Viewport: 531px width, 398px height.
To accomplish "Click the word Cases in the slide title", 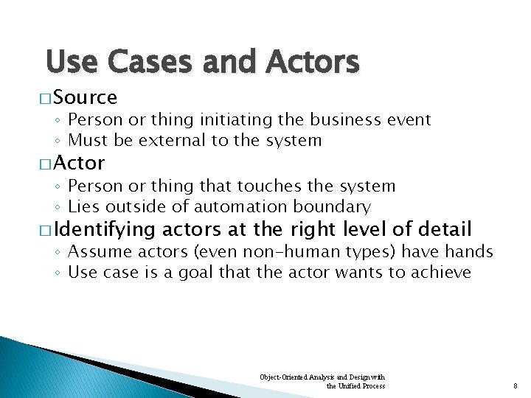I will (x=151, y=62).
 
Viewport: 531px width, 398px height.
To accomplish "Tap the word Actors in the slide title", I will (x=315, y=62).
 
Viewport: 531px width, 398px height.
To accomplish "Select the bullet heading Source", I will (x=86, y=97).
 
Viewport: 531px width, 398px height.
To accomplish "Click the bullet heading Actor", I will (x=80, y=162).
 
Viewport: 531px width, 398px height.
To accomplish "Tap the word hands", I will (x=469, y=252).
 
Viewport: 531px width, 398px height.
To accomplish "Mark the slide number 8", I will (x=514, y=385).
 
